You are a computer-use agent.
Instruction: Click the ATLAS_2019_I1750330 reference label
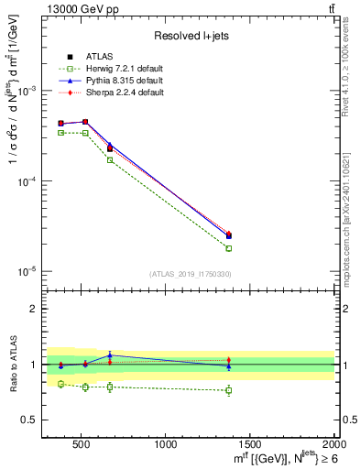point(190,274)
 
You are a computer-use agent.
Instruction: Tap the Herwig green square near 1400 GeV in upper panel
point(229,248)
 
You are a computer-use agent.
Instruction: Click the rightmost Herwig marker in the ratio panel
point(229,390)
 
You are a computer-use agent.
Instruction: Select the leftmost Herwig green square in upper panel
point(61,133)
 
